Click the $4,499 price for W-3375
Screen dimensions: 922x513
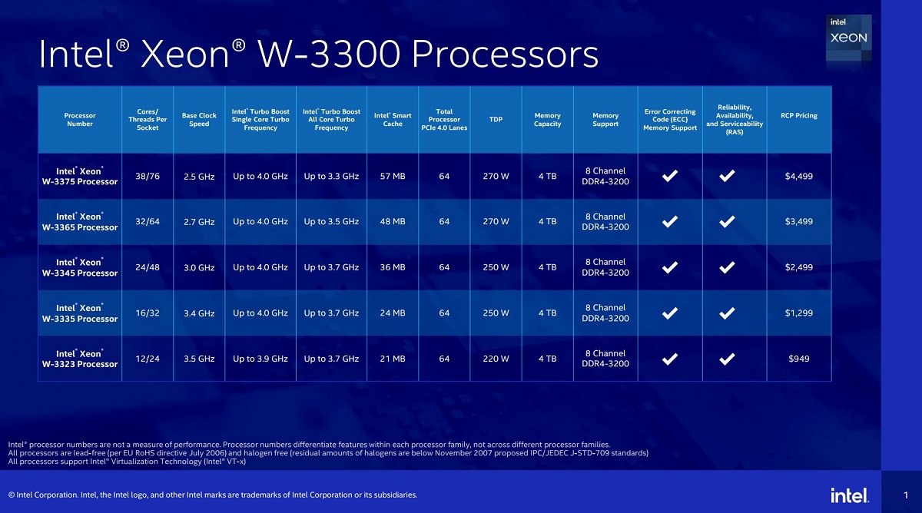(x=798, y=177)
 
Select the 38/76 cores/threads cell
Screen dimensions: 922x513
(x=148, y=177)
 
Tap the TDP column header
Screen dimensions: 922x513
(x=496, y=119)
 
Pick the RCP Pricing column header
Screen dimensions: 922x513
(x=798, y=116)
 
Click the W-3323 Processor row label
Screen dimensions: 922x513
(x=80, y=359)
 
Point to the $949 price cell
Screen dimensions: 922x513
(x=798, y=359)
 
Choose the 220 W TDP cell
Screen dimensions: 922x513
(x=496, y=359)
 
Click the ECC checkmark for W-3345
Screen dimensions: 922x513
(x=670, y=267)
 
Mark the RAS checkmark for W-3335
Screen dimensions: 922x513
(x=727, y=313)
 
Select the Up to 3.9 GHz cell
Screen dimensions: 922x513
(x=260, y=359)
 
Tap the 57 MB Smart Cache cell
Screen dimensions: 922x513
(x=393, y=177)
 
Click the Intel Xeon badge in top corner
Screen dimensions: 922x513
(x=848, y=38)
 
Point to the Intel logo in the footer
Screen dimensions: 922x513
(x=849, y=495)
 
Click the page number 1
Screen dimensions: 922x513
(x=906, y=495)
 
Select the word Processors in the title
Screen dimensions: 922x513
(x=505, y=55)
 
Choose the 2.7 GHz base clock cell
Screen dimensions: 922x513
(x=199, y=222)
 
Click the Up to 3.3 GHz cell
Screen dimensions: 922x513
(x=331, y=177)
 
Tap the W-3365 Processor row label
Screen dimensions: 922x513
(x=80, y=222)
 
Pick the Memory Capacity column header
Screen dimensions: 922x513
(x=547, y=120)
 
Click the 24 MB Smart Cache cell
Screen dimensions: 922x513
(x=393, y=313)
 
